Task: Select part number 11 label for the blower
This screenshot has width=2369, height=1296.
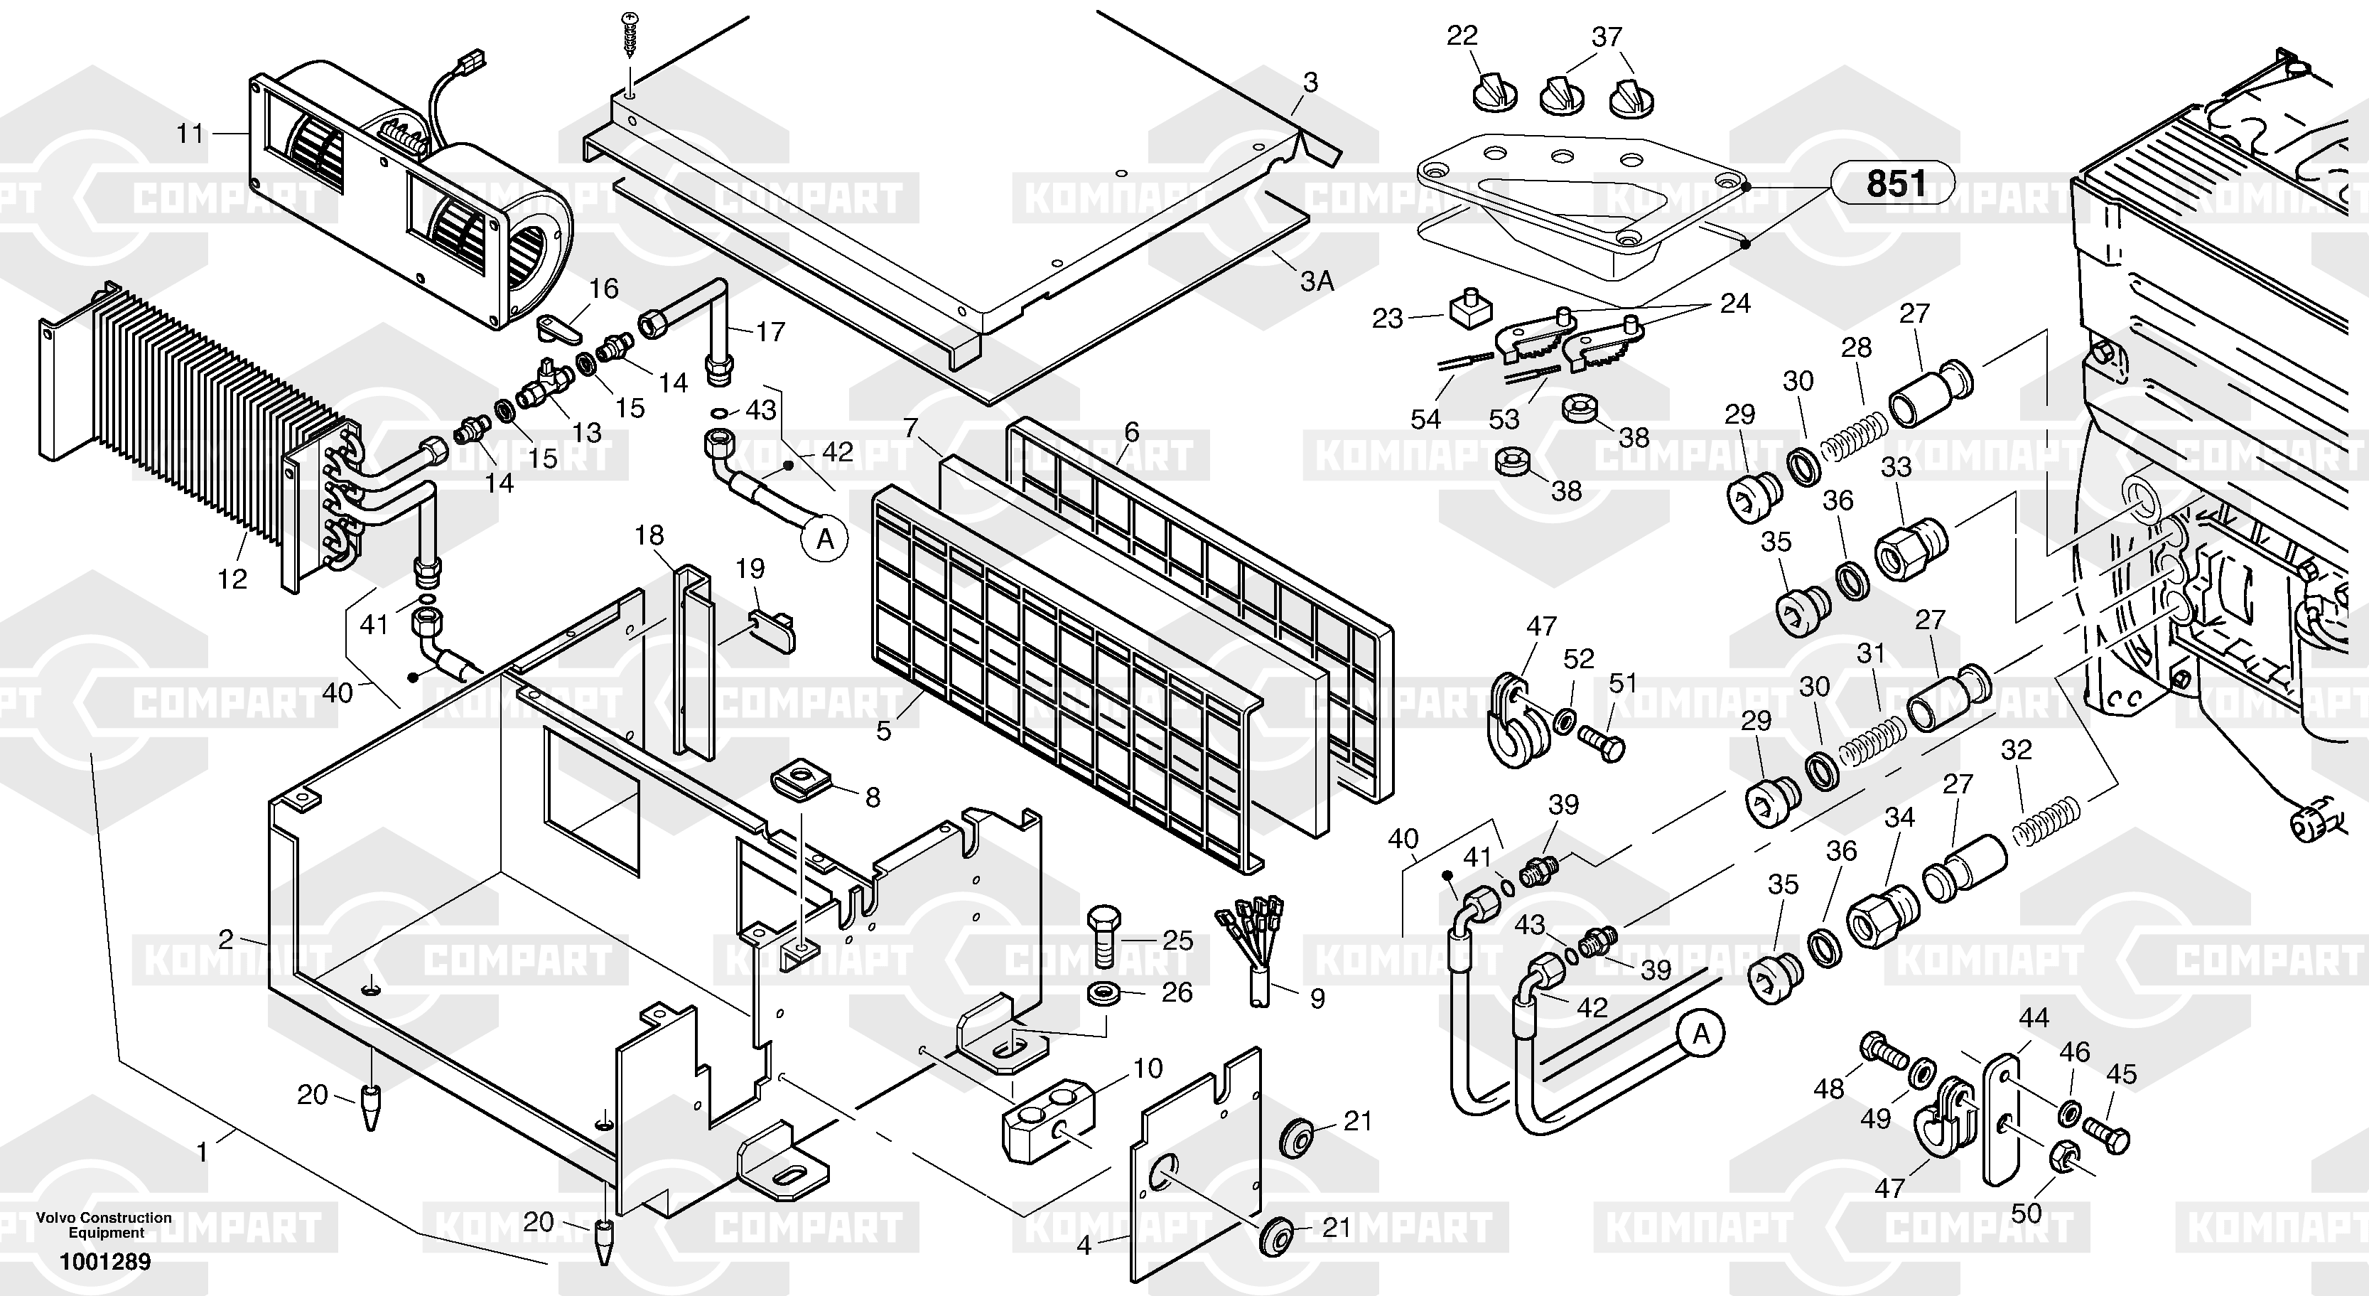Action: tap(190, 134)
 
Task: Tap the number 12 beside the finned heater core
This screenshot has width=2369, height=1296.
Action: tap(232, 579)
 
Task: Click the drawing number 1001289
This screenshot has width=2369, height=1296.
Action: tap(105, 1261)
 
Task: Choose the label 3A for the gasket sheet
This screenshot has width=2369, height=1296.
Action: tap(1316, 281)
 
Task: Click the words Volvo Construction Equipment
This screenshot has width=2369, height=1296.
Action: tap(104, 1225)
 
